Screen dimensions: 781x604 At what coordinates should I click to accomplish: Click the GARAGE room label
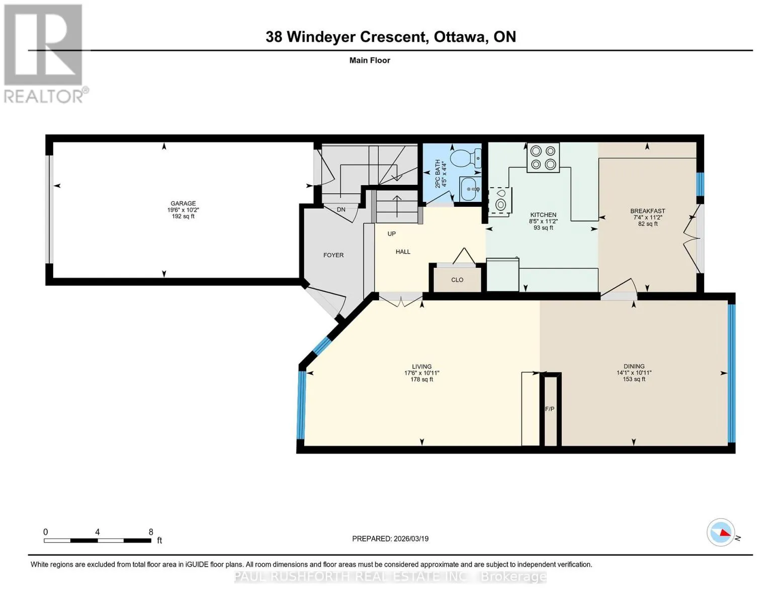[183, 203]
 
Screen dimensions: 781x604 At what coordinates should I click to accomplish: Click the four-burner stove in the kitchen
[543, 157]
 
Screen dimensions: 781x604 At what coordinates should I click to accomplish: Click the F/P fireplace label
[550, 409]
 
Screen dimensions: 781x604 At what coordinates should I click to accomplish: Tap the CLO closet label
[457, 280]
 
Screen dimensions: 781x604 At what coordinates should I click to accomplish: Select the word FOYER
[333, 255]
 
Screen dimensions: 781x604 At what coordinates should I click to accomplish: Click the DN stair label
[341, 209]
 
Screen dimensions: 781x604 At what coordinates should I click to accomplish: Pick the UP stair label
[391, 234]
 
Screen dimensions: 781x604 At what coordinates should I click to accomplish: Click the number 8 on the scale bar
[151, 532]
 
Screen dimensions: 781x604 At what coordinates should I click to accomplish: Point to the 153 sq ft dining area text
[634, 379]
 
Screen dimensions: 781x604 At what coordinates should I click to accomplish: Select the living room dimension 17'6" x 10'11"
[421, 373]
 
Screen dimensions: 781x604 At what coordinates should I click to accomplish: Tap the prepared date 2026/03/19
[411, 539]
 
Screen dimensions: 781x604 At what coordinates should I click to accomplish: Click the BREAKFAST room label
[648, 211]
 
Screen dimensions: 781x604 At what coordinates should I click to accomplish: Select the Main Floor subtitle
[370, 60]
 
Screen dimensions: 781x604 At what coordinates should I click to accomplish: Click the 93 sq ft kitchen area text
[543, 228]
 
